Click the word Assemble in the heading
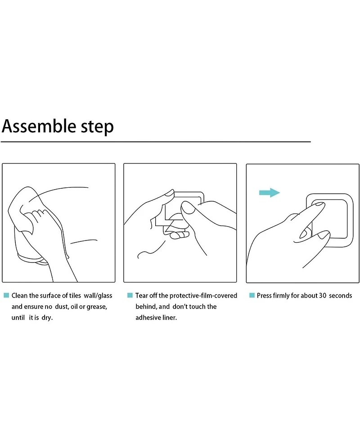pos(39,126)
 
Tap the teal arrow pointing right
pos(270,192)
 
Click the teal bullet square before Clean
pos(6,295)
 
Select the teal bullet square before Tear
pos(130,295)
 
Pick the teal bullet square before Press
pos(252,295)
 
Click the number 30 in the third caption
pos(323,295)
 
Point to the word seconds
pos(340,295)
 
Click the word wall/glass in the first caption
pos(98,296)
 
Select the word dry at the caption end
pos(47,318)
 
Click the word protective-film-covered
pos(203,295)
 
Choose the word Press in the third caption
pos(264,295)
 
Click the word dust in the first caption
pos(61,307)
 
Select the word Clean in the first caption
pos(19,295)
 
